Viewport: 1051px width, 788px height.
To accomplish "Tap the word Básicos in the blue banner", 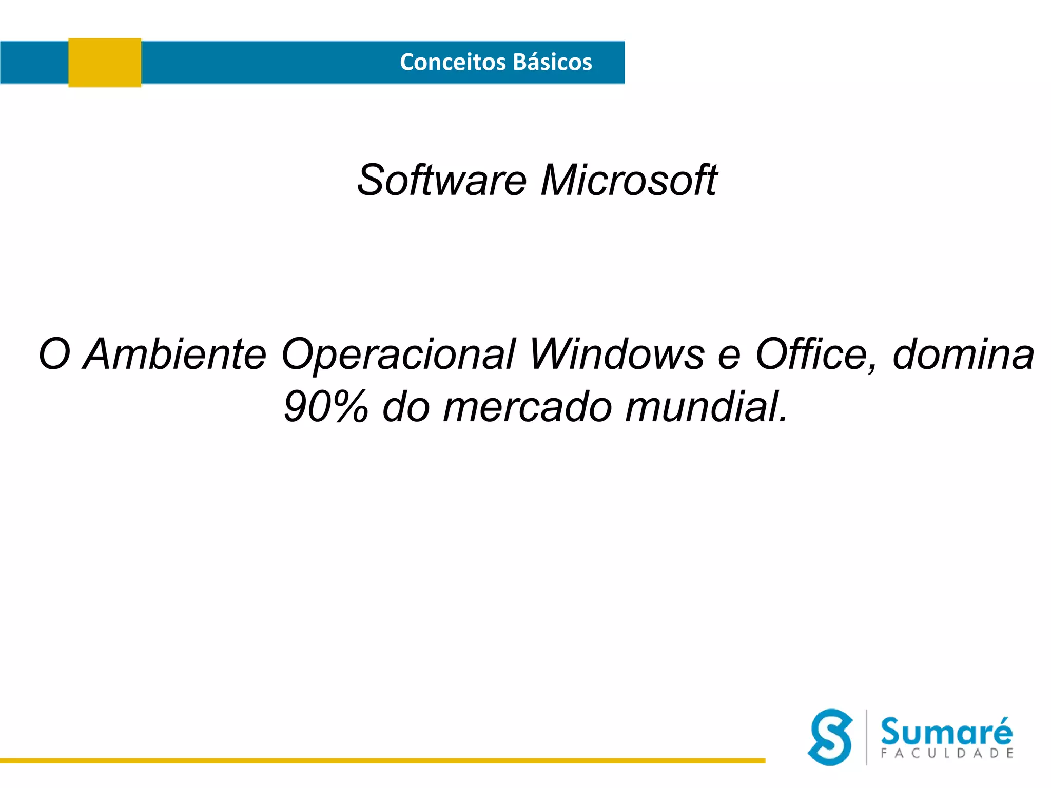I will click(x=552, y=62).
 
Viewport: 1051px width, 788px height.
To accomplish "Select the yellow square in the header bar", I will click(x=105, y=63).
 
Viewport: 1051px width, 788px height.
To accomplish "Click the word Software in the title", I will click(x=442, y=180).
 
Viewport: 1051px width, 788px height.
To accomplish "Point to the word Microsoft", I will click(x=629, y=180).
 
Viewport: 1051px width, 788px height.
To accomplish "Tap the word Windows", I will click(x=616, y=354).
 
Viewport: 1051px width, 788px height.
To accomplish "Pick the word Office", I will click(x=816, y=354).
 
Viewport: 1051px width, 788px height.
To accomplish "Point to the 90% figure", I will click(x=326, y=407).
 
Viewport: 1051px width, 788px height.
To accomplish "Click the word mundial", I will click(x=706, y=407).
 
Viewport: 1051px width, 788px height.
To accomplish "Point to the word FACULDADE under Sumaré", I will click(x=947, y=753).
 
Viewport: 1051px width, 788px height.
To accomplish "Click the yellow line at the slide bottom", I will click(x=382, y=761).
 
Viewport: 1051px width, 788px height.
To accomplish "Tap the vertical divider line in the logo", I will click(x=866, y=737).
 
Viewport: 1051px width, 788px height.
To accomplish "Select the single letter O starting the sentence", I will click(x=54, y=354).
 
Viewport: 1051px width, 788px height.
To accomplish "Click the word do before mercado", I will click(x=406, y=407).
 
